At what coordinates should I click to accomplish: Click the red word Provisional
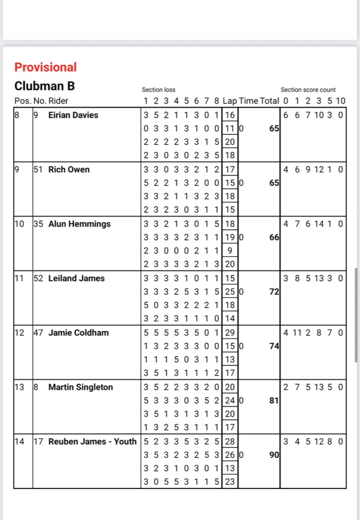pyautogui.click(x=45, y=67)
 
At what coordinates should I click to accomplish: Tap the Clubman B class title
pyautogui.click(x=44, y=86)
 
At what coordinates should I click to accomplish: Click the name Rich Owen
pyautogui.click(x=69, y=170)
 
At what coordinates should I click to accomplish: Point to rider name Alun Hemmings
pyautogui.click(x=79, y=224)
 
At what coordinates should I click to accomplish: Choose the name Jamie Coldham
pyautogui.click(x=78, y=333)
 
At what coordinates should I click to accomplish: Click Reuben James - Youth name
pyautogui.click(x=92, y=441)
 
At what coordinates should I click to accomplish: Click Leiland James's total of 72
pyautogui.click(x=274, y=292)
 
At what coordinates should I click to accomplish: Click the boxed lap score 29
pyautogui.click(x=230, y=333)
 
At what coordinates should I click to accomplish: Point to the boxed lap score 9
pyautogui.click(x=230, y=251)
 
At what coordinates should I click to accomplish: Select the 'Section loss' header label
pyautogui.click(x=159, y=90)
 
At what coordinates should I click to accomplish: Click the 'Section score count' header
pyautogui.click(x=308, y=90)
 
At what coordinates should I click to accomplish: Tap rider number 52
pyautogui.click(x=38, y=278)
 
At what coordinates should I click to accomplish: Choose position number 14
pyautogui.click(x=19, y=441)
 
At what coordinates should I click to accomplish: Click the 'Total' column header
pyautogui.click(x=269, y=101)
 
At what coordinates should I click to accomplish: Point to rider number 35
pyautogui.click(x=38, y=224)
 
